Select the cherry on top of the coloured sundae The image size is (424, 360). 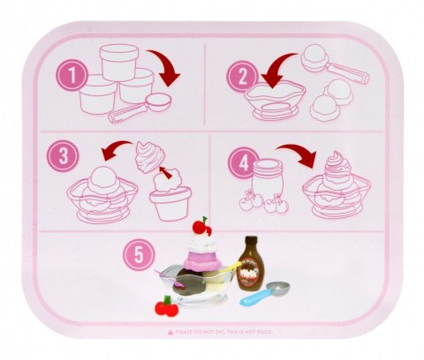tap(206, 223)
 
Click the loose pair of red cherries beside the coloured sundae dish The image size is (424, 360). tap(164, 305)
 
